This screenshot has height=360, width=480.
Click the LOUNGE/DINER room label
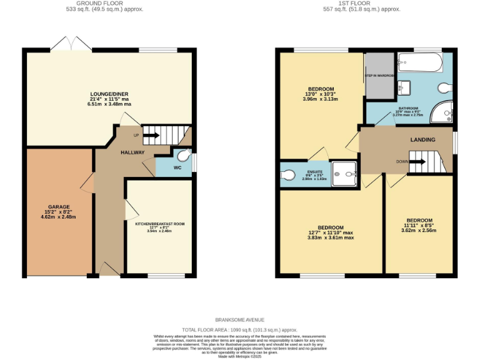(x=109, y=94)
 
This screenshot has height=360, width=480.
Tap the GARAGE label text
(x=60, y=206)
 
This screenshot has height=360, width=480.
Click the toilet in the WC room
(x=183, y=156)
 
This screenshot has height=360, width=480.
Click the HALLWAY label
(x=132, y=152)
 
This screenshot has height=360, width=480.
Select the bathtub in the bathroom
(x=420, y=63)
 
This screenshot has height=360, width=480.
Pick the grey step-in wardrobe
(x=379, y=76)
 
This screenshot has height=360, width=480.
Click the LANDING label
(x=422, y=139)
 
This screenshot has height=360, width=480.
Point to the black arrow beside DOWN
(x=417, y=162)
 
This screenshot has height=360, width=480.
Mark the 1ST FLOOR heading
(x=369, y=3)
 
